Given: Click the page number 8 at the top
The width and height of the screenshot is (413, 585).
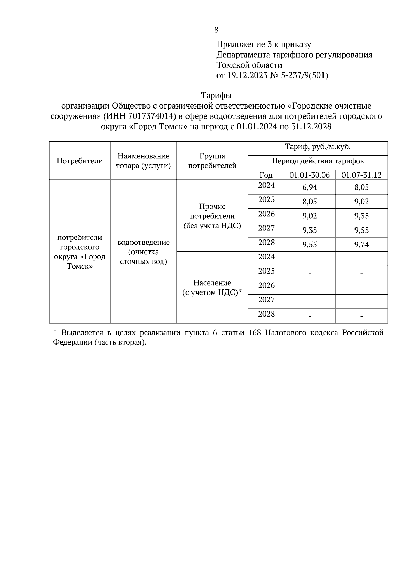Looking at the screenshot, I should point(216,30).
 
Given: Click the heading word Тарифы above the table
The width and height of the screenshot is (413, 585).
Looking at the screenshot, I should point(216,95).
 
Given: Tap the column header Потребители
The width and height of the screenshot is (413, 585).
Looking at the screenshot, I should point(80,161).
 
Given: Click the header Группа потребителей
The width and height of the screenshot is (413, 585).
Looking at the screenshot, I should point(212,161).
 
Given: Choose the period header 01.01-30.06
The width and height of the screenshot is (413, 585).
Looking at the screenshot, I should point(309,175).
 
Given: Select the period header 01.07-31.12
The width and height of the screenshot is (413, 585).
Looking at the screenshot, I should point(361,175).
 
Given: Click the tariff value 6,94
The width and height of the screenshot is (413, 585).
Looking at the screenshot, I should point(309,187).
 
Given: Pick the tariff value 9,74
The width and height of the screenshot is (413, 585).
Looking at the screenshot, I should point(361,245).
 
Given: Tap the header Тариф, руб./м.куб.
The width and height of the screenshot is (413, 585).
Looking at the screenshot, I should point(317,147).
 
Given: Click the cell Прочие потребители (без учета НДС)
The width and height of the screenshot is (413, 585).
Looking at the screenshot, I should point(212,216).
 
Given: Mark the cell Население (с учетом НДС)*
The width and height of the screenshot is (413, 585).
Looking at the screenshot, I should point(212,288).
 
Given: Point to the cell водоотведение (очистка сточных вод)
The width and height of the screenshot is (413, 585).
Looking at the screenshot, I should point(143,252).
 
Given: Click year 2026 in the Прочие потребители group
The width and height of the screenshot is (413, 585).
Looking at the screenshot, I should point(266,214).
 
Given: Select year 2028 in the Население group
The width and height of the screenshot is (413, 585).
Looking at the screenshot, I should point(266,314).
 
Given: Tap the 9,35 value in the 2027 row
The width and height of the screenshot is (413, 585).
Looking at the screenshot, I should point(309,230).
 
